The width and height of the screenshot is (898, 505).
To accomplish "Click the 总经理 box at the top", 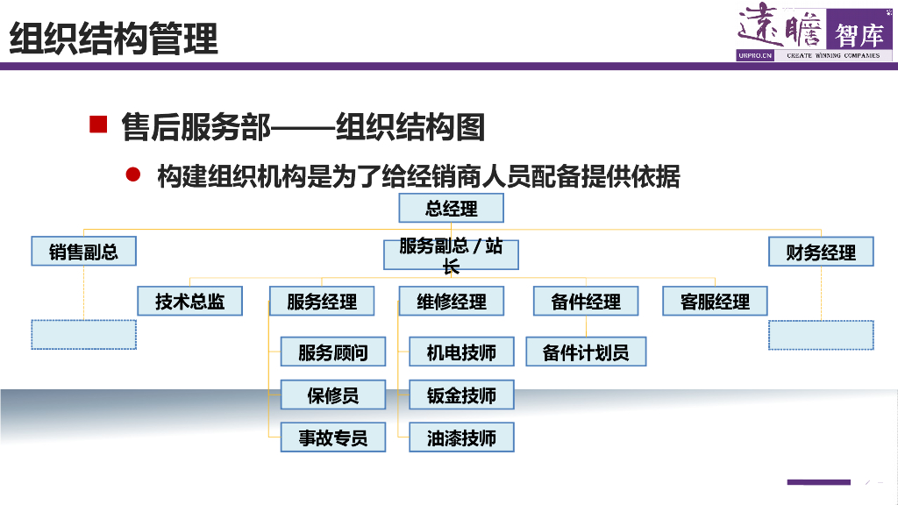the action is click(x=452, y=209).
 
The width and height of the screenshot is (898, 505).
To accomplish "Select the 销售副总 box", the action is click(x=84, y=252).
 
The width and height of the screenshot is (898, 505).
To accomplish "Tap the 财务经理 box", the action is click(x=821, y=252).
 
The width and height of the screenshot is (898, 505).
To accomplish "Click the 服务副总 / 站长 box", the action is click(x=452, y=255).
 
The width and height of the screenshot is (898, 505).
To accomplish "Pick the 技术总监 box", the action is click(x=190, y=302).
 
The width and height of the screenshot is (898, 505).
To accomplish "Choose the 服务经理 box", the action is click(x=322, y=302).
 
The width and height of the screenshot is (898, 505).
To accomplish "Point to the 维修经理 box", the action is click(x=452, y=302).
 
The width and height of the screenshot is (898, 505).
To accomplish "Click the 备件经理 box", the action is click(x=586, y=302).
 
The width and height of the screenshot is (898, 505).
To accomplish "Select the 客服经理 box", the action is click(x=715, y=302).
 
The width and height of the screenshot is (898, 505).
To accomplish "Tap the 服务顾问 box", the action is click(x=333, y=352).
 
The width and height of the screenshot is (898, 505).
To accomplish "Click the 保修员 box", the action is click(x=333, y=395).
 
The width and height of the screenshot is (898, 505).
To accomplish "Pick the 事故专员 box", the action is click(x=333, y=437).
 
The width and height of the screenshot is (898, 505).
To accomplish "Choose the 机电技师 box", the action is click(x=461, y=352).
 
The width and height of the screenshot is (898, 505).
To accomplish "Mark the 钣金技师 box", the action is click(x=461, y=395).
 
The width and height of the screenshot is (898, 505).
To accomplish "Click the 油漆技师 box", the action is click(x=461, y=437).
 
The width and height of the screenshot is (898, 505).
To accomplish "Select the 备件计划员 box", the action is click(x=586, y=352).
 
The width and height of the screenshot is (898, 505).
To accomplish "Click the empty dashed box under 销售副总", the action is click(x=84, y=335).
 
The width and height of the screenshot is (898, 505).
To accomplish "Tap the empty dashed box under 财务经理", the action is click(x=821, y=335).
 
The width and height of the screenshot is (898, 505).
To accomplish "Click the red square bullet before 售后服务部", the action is click(x=98, y=124).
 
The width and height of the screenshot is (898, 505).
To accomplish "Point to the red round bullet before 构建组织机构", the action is click(x=133, y=174).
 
